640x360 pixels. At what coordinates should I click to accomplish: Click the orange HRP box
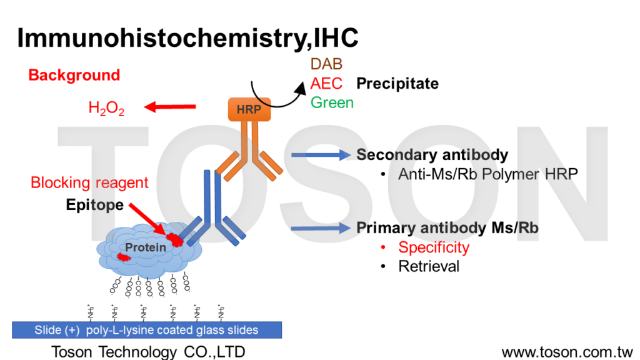tap(249, 109)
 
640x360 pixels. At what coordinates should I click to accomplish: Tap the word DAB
tap(326, 64)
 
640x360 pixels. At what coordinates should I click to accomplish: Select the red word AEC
tap(326, 83)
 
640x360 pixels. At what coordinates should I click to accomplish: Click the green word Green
tap(332, 102)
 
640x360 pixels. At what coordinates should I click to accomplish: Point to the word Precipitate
tap(397, 83)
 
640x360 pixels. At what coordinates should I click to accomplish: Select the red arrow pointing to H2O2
tap(169, 108)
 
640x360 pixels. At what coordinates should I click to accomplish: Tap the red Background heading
tap(74, 76)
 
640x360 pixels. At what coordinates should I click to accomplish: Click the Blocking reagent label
tap(89, 182)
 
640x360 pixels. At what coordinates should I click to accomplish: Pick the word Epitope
tap(94, 205)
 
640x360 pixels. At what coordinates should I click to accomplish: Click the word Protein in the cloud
tap(146, 247)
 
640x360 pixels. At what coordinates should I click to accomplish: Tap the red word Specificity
tap(433, 247)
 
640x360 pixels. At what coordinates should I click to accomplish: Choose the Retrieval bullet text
tap(429, 266)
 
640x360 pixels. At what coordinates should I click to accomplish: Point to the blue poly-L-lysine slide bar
tap(147, 330)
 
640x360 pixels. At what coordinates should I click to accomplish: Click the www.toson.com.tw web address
tap(567, 352)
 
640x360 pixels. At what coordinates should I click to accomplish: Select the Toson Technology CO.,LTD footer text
tap(148, 352)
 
